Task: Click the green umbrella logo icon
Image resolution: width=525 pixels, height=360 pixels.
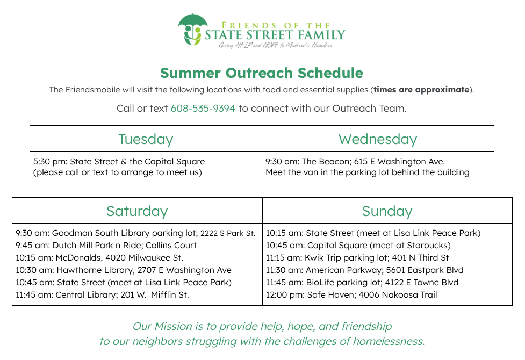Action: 192,29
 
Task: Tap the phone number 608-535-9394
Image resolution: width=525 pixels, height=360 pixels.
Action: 203,109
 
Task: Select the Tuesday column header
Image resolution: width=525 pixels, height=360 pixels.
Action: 146,139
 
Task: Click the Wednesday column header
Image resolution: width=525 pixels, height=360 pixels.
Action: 378,139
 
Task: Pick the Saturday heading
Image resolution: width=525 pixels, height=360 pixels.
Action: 137,211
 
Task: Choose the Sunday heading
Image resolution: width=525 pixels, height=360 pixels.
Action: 387,211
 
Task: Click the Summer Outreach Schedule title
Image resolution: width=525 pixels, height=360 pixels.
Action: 262,73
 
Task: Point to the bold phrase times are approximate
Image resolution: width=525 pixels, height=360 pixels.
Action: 421,90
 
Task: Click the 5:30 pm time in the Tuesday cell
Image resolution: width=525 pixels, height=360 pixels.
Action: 50,161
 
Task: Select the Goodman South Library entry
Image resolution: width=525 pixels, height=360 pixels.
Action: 135,233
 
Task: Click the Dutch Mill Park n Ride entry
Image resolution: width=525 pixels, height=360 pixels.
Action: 106,246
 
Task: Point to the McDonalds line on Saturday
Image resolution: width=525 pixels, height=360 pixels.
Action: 99,258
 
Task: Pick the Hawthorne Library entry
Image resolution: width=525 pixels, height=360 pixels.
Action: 124,270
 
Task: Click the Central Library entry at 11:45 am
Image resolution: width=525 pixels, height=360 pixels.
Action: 103,295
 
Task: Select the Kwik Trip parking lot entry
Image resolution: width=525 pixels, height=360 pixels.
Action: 357,258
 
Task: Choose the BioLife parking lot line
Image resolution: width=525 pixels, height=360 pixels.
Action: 362,283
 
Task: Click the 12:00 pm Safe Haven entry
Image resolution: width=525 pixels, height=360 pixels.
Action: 351,295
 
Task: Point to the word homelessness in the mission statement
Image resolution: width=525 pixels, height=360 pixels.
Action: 389,341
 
